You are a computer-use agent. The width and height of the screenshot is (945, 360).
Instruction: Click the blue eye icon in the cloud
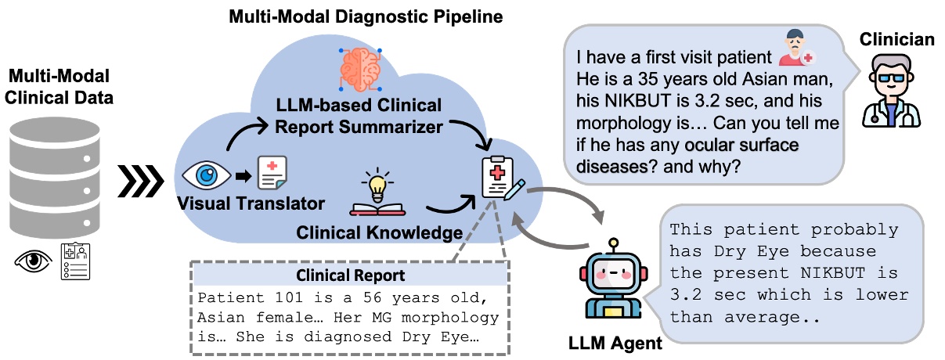pos(206,173)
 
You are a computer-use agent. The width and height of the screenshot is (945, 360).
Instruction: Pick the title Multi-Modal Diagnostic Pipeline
pos(365,16)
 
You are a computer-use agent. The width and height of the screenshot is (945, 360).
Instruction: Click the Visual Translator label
pos(252,204)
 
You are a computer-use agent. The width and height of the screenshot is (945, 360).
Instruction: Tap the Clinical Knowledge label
pos(380,232)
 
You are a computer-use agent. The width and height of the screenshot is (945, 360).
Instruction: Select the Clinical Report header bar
pos(350,275)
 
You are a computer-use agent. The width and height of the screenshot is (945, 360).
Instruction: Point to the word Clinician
pos(896,39)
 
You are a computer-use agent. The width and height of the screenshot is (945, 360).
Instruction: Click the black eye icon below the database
pos(33,260)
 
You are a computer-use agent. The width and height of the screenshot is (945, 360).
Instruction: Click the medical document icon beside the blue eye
pos(271,173)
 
